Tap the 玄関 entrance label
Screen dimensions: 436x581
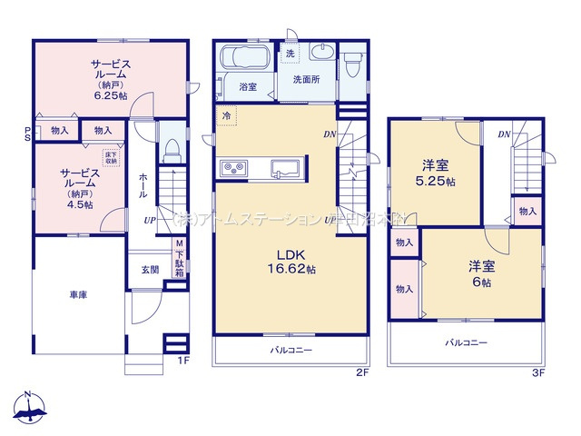[150, 270]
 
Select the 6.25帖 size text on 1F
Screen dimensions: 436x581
[109, 94]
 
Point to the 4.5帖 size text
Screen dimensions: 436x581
[79, 192]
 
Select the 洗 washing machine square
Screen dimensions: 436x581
[290, 54]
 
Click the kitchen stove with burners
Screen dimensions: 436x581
[233, 168]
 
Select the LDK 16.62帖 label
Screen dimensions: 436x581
[290, 263]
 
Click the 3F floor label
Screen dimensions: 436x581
[537, 373]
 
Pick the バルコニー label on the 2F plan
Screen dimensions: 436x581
[290, 349]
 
